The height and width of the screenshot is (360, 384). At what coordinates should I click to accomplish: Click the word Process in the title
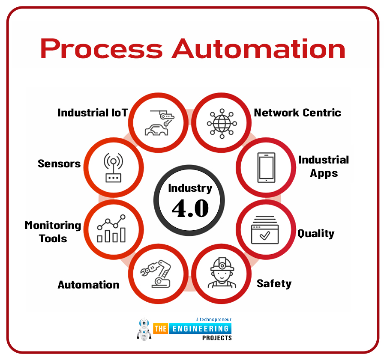tap(102, 49)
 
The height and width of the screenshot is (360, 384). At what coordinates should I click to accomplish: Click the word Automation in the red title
tap(258, 49)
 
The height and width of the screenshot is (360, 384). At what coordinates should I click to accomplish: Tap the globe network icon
tap(222, 124)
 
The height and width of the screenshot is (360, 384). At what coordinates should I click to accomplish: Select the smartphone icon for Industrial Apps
tap(266, 167)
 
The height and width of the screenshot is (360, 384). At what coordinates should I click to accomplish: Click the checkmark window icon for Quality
tap(265, 229)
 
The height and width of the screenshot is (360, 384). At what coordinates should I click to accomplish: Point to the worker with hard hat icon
tap(222, 272)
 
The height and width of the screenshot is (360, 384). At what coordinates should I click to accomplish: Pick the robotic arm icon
tap(156, 274)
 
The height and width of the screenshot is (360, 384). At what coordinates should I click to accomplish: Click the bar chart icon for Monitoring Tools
tap(112, 229)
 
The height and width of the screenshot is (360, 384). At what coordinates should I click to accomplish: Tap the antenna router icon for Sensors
tap(114, 167)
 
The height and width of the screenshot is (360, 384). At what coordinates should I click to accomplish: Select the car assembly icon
tap(159, 123)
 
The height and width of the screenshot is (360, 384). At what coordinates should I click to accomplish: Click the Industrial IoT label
tap(93, 113)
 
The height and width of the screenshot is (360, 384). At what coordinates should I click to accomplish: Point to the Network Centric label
tap(297, 113)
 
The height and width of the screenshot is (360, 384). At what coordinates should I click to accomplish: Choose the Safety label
tap(274, 284)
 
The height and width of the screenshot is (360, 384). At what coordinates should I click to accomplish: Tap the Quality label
tap(316, 234)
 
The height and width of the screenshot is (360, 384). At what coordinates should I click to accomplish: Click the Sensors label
tap(59, 164)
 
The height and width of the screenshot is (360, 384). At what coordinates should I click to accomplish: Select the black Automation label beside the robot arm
tap(88, 285)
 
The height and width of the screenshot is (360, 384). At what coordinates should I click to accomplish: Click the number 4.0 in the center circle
tap(190, 208)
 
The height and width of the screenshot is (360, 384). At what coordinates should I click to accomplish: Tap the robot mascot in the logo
tap(144, 329)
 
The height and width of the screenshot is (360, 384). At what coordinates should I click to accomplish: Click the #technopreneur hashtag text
tap(213, 319)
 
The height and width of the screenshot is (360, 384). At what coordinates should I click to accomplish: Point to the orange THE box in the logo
tap(161, 329)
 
